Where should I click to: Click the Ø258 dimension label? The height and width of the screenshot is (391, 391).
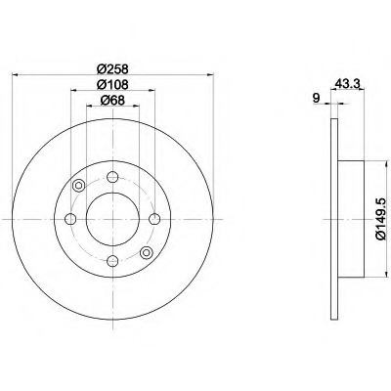(112, 68)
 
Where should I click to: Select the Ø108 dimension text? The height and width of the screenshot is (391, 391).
(112, 84)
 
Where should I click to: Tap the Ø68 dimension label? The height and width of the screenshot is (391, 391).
(112, 100)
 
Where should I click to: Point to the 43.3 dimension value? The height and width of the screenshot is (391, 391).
(347, 84)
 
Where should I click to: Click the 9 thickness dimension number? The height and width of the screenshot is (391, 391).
(316, 98)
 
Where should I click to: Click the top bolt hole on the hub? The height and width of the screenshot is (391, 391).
(112, 177)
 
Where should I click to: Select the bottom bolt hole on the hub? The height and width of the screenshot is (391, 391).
(112, 260)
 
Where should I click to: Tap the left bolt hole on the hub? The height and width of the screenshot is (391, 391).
(70, 219)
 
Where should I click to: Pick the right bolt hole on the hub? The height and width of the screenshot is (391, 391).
(154, 219)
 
